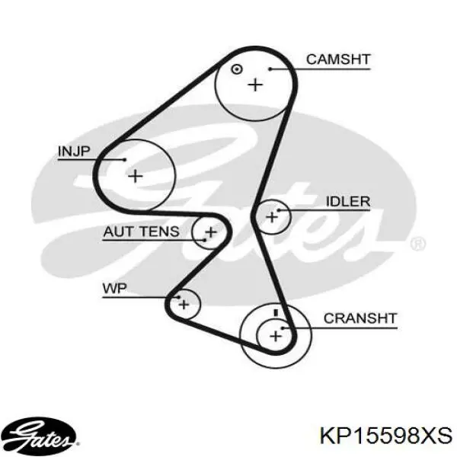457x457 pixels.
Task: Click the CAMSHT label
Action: [338, 59]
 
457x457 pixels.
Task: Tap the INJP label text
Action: [74, 152]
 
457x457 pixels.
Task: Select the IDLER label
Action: [348, 201]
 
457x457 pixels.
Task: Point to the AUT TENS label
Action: [141, 232]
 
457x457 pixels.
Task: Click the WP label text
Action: [114, 289]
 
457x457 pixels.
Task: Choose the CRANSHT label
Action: [360, 318]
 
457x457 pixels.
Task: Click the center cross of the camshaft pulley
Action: [256, 85]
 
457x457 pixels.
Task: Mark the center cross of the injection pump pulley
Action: [136, 176]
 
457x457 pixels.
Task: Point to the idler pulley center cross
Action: [272, 217]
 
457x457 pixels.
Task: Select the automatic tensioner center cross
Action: [211, 232]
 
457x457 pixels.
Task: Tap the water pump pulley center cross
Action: [184, 305]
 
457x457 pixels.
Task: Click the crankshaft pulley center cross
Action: [276, 337]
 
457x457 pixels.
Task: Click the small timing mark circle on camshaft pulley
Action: [236, 69]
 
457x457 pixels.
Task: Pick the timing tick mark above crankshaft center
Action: [276, 312]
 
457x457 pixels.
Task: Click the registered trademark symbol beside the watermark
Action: [417, 244]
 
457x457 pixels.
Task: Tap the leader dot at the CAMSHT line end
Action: [270, 69]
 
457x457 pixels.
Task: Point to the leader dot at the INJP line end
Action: [125, 159]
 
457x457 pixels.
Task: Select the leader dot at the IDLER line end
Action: [278, 210]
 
